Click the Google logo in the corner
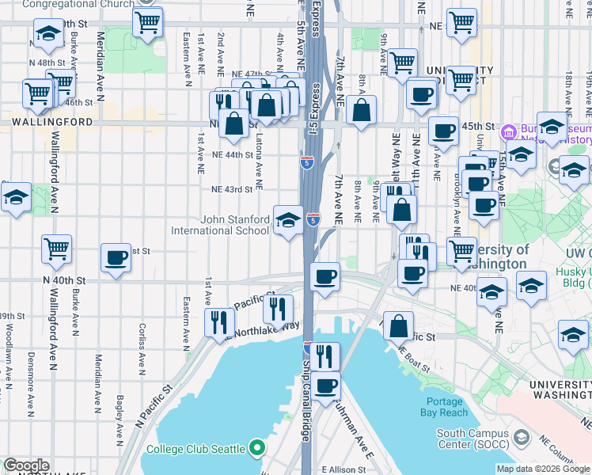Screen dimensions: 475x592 (x=26, y=465)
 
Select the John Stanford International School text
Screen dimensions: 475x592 (x=220, y=226)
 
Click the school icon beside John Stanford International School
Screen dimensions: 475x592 (x=288, y=219)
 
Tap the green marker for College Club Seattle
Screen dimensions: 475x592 (x=256, y=449)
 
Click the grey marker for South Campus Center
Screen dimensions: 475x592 (x=522, y=438)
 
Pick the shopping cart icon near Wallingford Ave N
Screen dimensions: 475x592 (x=56, y=249)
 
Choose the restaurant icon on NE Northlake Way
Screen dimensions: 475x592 (x=218, y=322)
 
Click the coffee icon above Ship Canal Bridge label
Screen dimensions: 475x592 (x=324, y=386)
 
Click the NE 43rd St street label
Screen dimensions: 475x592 (x=232, y=189)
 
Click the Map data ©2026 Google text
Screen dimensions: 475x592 (x=542, y=469)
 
